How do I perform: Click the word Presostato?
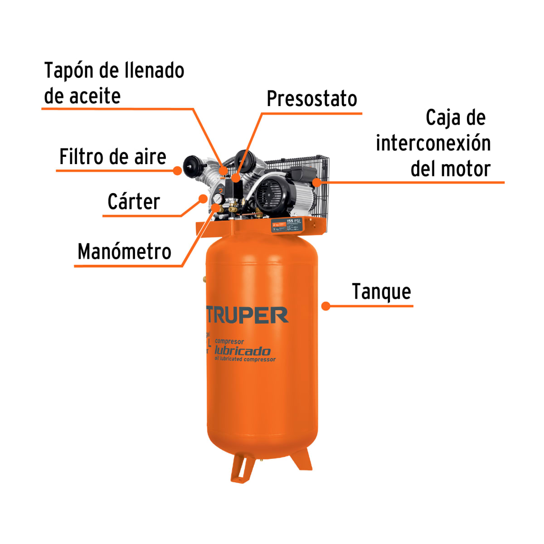(x=311, y=99)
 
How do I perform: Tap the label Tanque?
(x=381, y=292)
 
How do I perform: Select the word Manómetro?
(x=124, y=252)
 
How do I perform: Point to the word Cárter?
(x=134, y=202)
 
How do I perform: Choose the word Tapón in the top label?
(x=68, y=71)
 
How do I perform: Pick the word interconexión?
(x=433, y=143)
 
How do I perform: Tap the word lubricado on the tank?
(x=242, y=351)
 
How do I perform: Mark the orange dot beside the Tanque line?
(x=325, y=306)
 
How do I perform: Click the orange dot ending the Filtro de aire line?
(x=178, y=170)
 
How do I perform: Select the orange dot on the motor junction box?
(x=317, y=182)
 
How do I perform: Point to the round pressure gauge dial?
(x=218, y=199)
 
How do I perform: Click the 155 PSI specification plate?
(x=287, y=225)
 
